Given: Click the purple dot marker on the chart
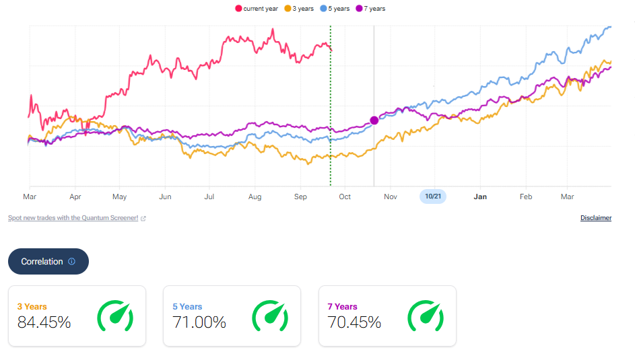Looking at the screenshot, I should (374, 120).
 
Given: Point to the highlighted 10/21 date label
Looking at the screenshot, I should (432, 196).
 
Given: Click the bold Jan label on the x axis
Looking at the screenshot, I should (480, 196).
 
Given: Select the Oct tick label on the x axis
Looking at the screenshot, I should (345, 196).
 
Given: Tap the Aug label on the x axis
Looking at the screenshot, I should (255, 196).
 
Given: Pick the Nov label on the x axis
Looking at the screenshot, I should (391, 196).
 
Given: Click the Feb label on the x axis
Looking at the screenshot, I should (525, 196).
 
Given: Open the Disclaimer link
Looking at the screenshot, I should (595, 218).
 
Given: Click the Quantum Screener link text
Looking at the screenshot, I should (73, 218).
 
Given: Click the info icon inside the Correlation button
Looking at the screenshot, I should (72, 262).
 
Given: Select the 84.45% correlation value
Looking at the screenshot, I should (44, 322).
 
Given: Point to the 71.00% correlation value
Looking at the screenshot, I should (199, 322).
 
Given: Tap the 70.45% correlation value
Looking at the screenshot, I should (354, 322).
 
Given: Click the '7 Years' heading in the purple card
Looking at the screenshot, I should (343, 307).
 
